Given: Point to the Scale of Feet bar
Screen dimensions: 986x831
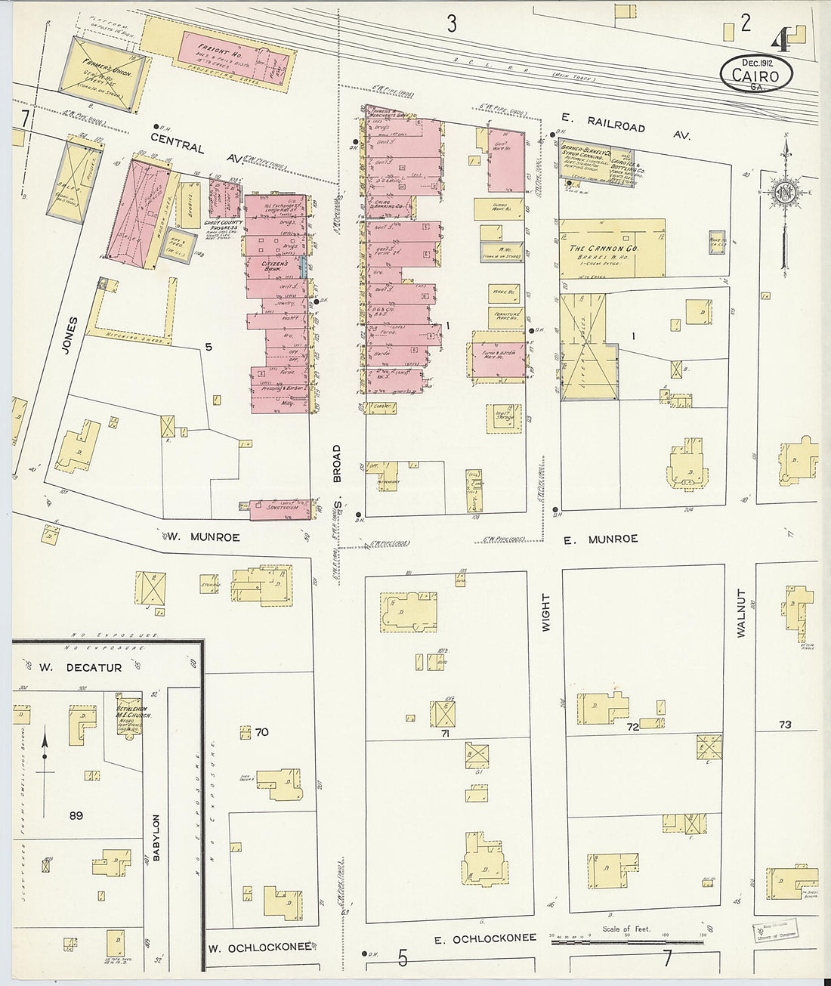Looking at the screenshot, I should click(626, 941).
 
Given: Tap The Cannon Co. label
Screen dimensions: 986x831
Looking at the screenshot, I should click(604, 249).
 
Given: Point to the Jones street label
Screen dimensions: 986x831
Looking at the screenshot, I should click(71, 335).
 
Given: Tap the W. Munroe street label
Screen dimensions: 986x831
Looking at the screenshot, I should click(203, 537).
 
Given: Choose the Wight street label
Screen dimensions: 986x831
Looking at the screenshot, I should click(545, 612).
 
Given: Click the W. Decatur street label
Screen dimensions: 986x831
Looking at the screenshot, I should click(80, 668).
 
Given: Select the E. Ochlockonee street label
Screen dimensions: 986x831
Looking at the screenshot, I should click(485, 938).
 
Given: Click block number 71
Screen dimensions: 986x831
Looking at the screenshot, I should click(445, 733).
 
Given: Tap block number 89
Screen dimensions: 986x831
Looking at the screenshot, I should click(75, 815).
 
